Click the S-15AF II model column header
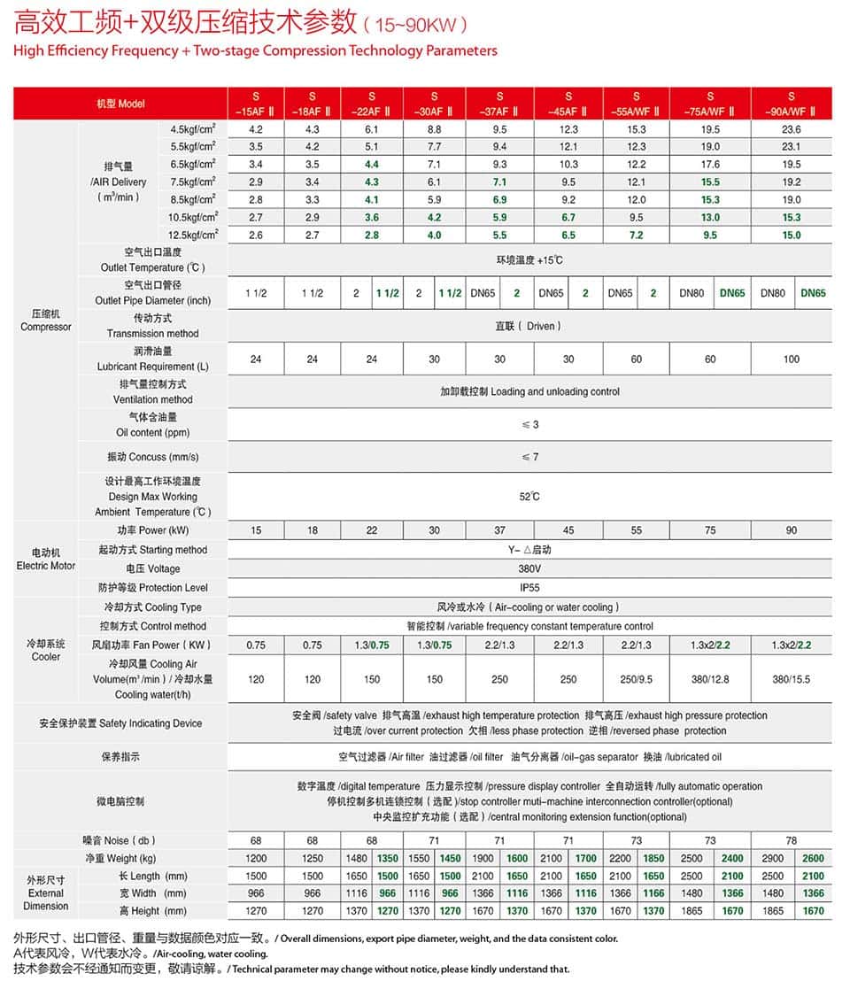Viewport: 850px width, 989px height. pos(255,104)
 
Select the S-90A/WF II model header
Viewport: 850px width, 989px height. pos(791,104)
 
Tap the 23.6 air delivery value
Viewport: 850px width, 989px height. pos(791,129)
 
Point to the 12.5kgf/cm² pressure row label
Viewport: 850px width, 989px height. pos(192,235)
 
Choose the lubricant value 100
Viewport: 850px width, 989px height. pos(791,359)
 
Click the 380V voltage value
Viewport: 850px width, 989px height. pos(529,568)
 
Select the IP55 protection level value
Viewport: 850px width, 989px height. pos(529,588)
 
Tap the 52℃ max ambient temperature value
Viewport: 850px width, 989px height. pos(529,497)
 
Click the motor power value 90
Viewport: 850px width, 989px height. pos(791,530)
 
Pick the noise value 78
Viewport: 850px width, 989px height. pos(791,839)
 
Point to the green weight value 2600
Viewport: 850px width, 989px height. pos(813,858)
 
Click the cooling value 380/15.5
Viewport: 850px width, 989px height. pos(791,679)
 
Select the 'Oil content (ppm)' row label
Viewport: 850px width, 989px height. pos(153,433)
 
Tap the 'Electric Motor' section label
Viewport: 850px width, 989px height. pos(46,566)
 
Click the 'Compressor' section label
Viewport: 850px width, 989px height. pos(46,327)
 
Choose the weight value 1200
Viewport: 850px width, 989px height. pos(255,858)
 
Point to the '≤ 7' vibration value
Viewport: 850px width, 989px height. pos(529,457)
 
